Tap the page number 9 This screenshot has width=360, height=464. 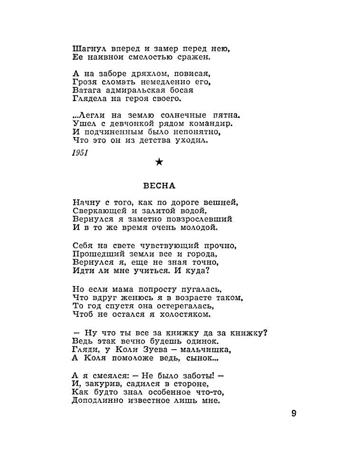(294, 413)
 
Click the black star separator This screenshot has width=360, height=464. (159, 163)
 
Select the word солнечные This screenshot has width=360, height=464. (176, 115)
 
